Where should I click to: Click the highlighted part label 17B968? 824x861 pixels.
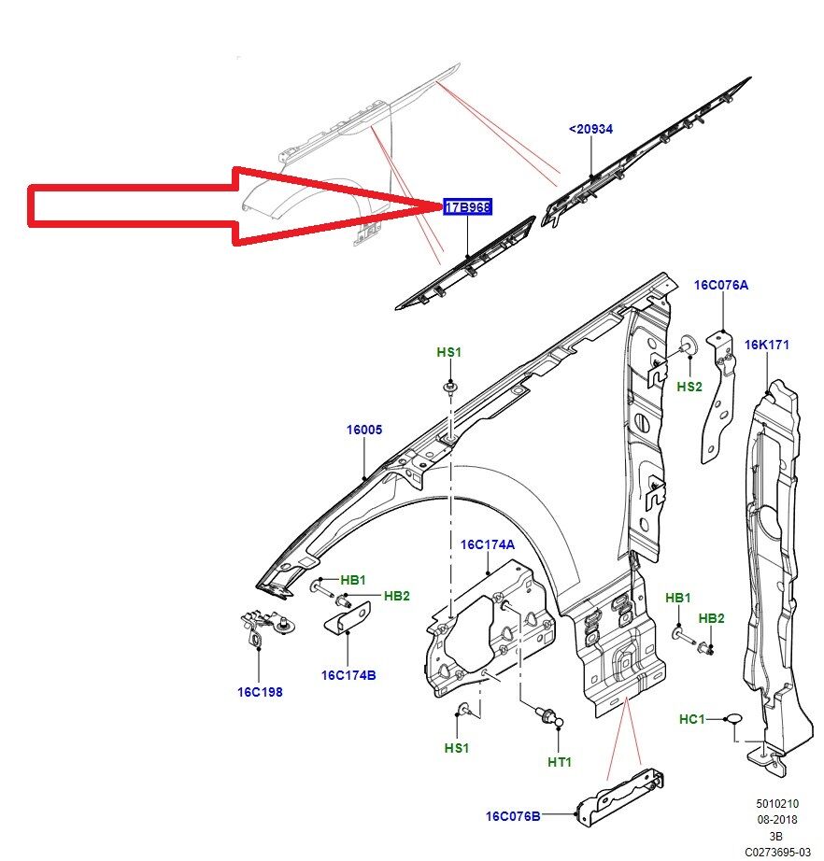(467, 207)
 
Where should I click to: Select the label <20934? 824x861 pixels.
(590, 129)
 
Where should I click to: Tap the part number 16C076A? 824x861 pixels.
(720, 285)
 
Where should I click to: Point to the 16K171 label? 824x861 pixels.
(766, 345)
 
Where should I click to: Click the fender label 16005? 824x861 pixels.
(364, 430)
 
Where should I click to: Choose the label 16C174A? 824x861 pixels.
(487, 544)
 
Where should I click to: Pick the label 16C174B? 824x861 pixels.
(348, 674)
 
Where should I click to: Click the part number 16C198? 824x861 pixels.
(259, 692)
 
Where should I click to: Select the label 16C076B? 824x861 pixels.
(512, 816)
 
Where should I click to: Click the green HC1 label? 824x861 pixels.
(691, 719)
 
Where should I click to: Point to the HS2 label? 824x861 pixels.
(689, 386)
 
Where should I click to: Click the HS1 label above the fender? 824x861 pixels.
(449, 352)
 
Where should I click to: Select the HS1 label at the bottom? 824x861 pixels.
(456, 748)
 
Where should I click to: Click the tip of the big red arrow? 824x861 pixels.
(439, 206)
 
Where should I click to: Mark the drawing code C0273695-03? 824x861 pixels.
(777, 852)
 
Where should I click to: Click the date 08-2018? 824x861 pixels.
(776, 819)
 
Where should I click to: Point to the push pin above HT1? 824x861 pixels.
(548, 717)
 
